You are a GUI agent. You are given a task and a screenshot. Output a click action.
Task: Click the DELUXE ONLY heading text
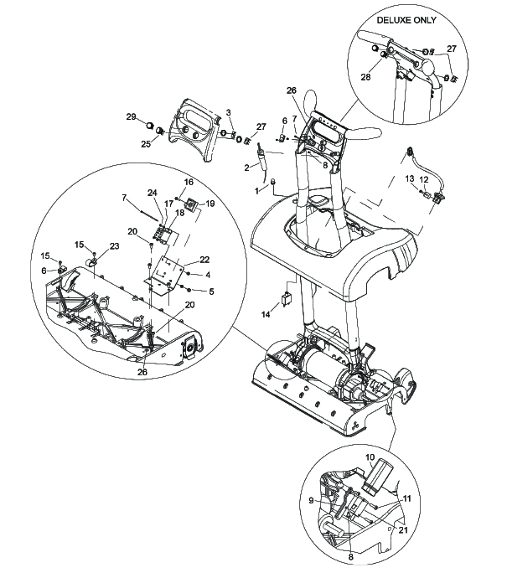pyautogui.click(x=406, y=20)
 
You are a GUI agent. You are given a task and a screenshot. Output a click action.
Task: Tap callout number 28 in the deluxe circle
pyautogui.click(x=365, y=77)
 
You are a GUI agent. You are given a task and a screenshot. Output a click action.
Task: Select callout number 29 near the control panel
pyautogui.click(x=131, y=116)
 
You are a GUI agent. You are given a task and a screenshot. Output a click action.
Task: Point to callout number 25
pyautogui.click(x=146, y=143)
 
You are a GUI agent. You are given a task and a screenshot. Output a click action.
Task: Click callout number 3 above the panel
pyautogui.click(x=228, y=112)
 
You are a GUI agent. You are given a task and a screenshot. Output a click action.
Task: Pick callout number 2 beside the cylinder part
pyautogui.click(x=246, y=168)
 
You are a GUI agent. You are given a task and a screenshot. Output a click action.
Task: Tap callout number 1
pyautogui.click(x=256, y=191)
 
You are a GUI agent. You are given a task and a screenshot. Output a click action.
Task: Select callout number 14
pyautogui.click(x=266, y=314)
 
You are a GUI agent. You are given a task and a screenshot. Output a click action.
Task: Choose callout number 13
pyautogui.click(x=410, y=178)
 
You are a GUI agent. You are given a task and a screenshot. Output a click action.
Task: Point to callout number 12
pyautogui.click(x=424, y=179)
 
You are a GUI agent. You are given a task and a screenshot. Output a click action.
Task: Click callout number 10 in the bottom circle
pyautogui.click(x=370, y=457)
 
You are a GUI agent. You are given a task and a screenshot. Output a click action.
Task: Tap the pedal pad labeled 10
pyautogui.click(x=376, y=476)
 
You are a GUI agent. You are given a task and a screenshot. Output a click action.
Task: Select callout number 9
pyautogui.click(x=311, y=500)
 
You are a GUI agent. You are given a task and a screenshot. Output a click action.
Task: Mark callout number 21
pyautogui.click(x=403, y=529)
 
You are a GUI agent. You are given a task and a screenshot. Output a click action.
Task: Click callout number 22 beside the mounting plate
pyautogui.click(x=204, y=260)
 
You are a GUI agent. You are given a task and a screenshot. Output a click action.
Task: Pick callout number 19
pyautogui.click(x=210, y=204)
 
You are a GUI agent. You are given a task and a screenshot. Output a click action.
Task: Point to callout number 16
pyautogui.click(x=189, y=182)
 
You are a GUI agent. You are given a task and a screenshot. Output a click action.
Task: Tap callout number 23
pyautogui.click(x=114, y=246)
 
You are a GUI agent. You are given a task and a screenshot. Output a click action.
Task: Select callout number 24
pyautogui.click(x=153, y=193)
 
